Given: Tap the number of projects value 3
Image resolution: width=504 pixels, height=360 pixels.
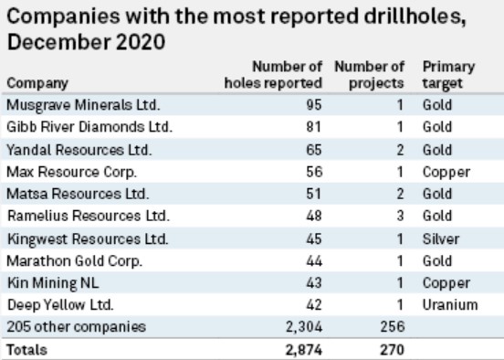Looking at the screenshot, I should tap(398, 216).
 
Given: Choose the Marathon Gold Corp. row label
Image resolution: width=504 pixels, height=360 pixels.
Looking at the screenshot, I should tap(65, 260).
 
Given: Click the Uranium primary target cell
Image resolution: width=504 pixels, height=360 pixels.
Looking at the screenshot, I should tap(447, 305).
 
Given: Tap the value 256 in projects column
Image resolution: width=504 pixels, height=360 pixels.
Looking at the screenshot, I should tap(391, 327).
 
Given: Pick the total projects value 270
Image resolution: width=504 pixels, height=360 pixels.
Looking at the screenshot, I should tap(391, 349).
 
